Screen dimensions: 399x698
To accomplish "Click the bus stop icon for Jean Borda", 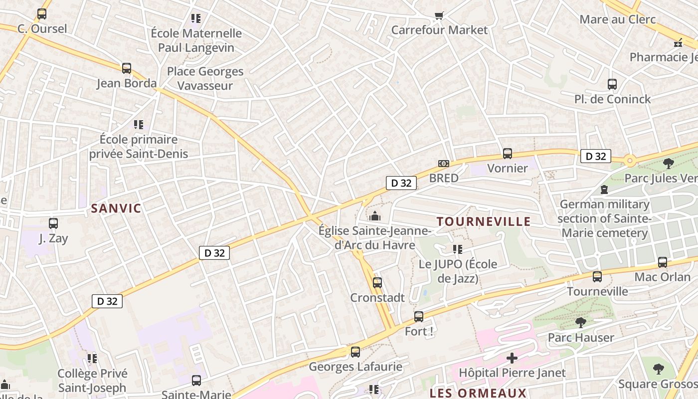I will pyautogui.click(x=127, y=68).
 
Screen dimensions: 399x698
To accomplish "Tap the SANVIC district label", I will pyautogui.click(x=116, y=208).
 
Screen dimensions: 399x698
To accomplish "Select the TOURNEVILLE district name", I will pyautogui.click(x=484, y=221).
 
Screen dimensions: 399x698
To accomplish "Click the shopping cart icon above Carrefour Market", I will pyautogui.click(x=439, y=15).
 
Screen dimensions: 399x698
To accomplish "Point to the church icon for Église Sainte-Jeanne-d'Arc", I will pyautogui.click(x=375, y=216).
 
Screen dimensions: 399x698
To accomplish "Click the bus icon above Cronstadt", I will pyautogui.click(x=377, y=283).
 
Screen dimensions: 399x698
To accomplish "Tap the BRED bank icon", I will pyautogui.click(x=443, y=164).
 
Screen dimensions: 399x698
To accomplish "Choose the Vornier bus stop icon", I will pyautogui.click(x=508, y=154).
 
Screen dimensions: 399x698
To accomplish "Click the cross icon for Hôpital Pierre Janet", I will pyautogui.click(x=512, y=358).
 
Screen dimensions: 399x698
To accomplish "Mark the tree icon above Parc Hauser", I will pyautogui.click(x=580, y=323).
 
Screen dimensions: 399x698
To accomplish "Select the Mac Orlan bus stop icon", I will pyautogui.click(x=663, y=262).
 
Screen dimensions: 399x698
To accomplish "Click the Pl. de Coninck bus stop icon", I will pyautogui.click(x=612, y=84).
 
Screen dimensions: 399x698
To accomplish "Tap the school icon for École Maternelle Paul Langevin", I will pyautogui.click(x=196, y=18).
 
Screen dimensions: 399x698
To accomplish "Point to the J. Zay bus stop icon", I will pyautogui.click(x=53, y=223).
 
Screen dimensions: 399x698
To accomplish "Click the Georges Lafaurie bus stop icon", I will pyautogui.click(x=355, y=352).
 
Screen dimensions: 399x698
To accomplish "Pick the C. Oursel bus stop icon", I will pyautogui.click(x=42, y=14).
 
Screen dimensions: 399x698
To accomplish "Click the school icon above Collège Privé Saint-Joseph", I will pyautogui.click(x=92, y=358).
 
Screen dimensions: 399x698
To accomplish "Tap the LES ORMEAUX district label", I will pyautogui.click(x=478, y=393).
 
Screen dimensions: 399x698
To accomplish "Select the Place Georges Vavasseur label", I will pyautogui.click(x=205, y=78).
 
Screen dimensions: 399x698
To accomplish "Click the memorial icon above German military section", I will pyautogui.click(x=604, y=190).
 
